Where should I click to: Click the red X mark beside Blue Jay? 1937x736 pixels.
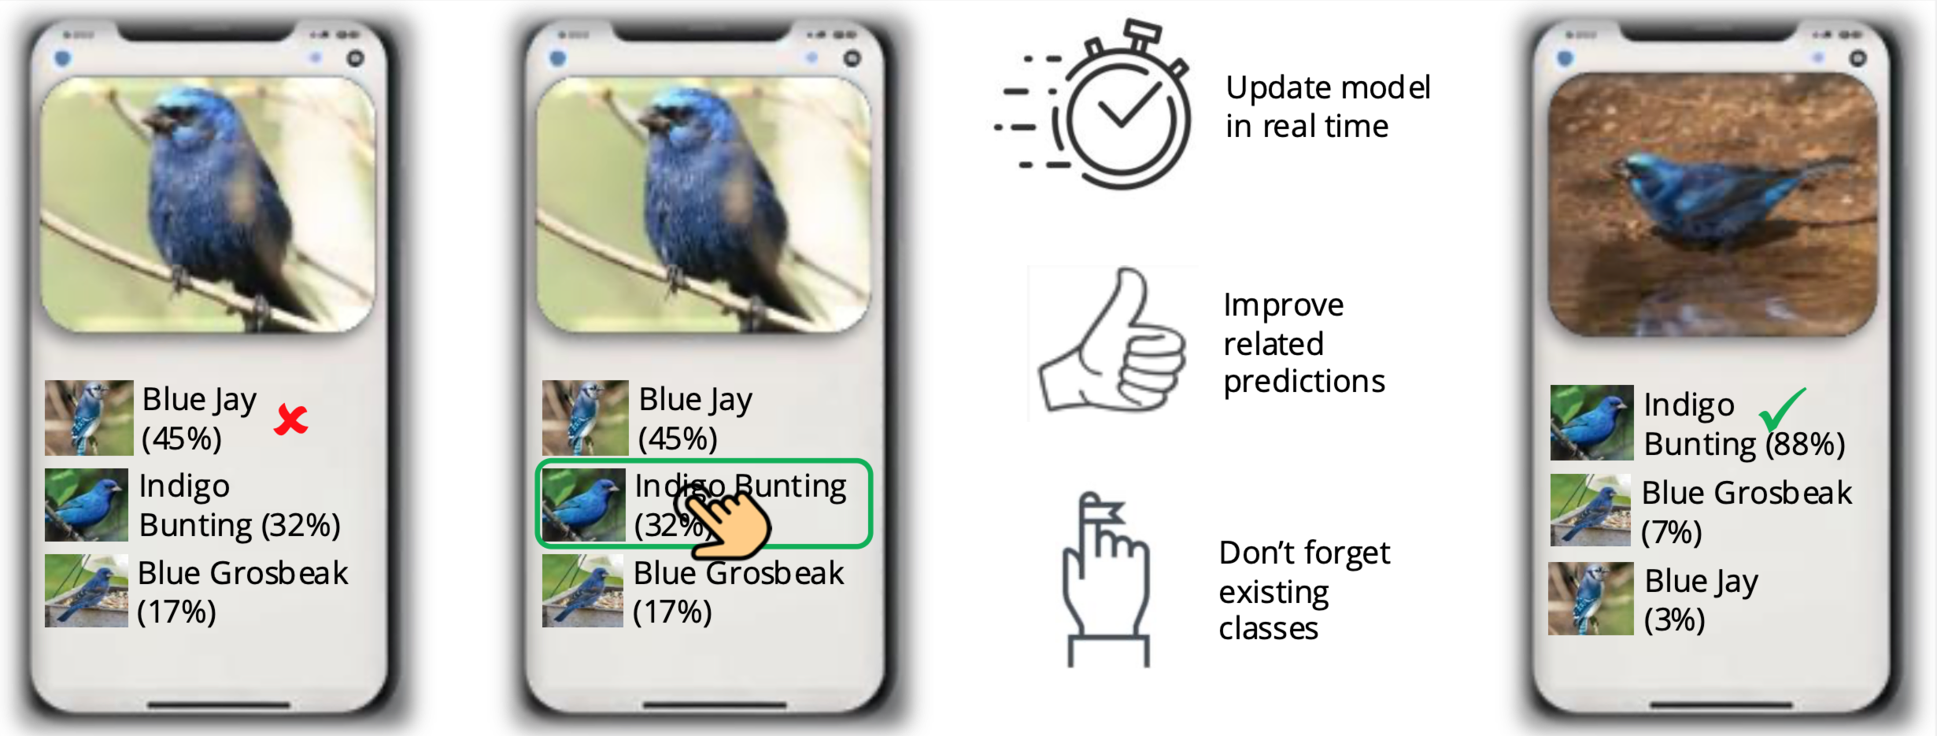click(x=290, y=420)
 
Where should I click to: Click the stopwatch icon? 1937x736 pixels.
click(x=1094, y=105)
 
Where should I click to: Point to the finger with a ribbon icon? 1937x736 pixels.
click(x=1106, y=579)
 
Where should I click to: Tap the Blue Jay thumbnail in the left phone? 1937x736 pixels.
click(x=89, y=418)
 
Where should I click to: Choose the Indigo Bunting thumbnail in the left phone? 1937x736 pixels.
click(x=87, y=505)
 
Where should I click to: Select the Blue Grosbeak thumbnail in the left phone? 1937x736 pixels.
click(x=87, y=591)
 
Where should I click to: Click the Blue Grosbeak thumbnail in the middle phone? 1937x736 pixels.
click(x=582, y=591)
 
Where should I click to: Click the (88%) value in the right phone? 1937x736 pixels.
click(x=1805, y=445)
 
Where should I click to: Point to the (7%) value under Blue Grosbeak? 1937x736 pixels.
click(x=1672, y=532)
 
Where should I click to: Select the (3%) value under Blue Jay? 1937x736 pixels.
click(x=1675, y=619)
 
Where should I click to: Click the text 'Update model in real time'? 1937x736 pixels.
click(x=1328, y=106)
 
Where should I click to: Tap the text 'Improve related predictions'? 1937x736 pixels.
click(x=1303, y=342)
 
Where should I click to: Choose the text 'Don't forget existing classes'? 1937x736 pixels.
click(x=1304, y=590)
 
